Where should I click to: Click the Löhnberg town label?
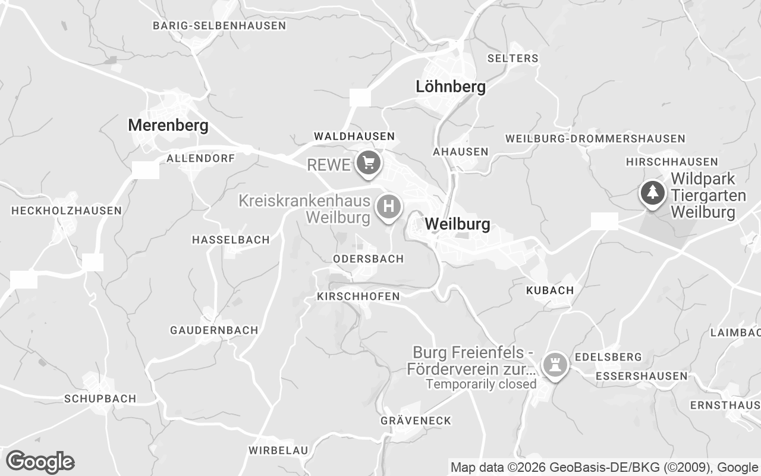click(x=450, y=87)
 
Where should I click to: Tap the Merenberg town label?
click(x=168, y=126)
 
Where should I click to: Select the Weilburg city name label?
click(x=458, y=224)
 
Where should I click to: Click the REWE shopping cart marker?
click(x=369, y=162)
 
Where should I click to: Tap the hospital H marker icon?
click(x=389, y=207)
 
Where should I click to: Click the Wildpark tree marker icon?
click(x=652, y=193)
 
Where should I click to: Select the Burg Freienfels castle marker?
click(x=555, y=365)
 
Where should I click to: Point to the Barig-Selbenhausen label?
click(x=219, y=26)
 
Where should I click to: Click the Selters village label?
click(x=512, y=58)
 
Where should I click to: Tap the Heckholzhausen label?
click(x=66, y=211)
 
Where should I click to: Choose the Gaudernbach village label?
click(x=214, y=330)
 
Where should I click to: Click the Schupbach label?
click(x=100, y=399)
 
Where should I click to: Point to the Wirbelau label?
click(x=278, y=450)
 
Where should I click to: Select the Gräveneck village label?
click(x=416, y=421)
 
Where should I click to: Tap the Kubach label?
click(x=550, y=290)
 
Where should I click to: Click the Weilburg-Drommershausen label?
click(x=595, y=139)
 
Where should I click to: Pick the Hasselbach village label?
click(x=230, y=240)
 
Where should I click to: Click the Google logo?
click(x=40, y=461)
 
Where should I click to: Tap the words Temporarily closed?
click(x=481, y=384)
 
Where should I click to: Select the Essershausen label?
click(x=641, y=376)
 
